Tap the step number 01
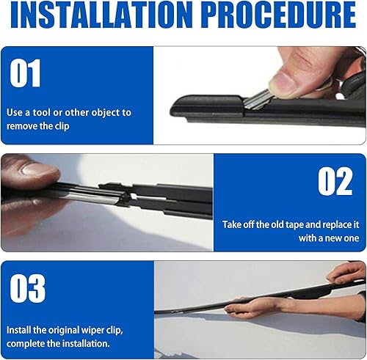click(x=26, y=74)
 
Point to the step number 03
click(x=27, y=288)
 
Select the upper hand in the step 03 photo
click(x=348, y=273)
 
